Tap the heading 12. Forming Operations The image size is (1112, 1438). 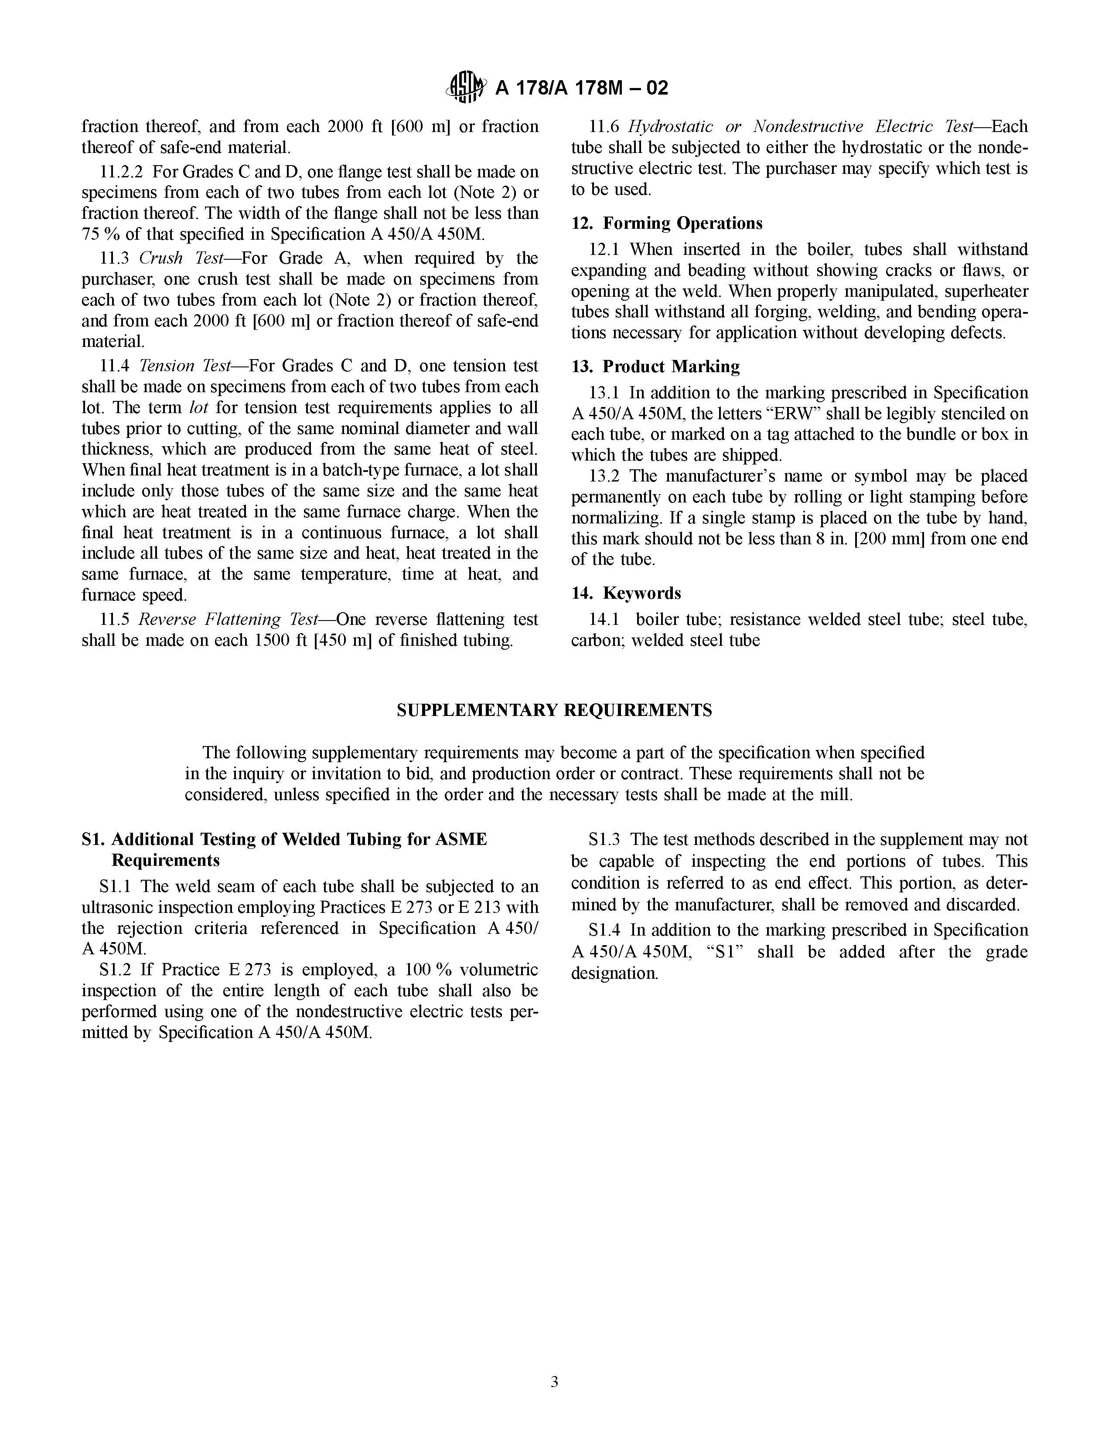(x=667, y=223)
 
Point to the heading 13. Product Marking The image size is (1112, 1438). (x=655, y=367)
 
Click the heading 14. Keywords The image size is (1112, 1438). (x=626, y=593)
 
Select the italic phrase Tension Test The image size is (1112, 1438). (x=185, y=366)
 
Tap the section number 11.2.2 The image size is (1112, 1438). (x=121, y=172)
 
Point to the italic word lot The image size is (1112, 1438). (x=199, y=407)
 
